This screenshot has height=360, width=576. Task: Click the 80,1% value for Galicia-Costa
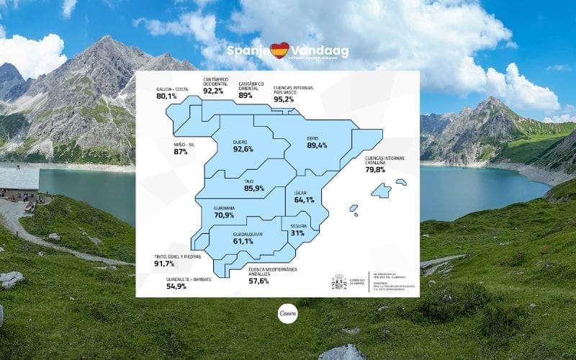[x=166, y=96]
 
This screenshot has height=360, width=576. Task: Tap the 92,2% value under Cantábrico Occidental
[x=213, y=91]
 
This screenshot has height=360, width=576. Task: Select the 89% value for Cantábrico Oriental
[x=246, y=94]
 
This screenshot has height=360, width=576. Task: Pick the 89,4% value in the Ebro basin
[x=317, y=145]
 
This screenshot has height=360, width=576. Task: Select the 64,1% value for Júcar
[x=305, y=199]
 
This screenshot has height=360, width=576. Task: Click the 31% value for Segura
[x=297, y=233]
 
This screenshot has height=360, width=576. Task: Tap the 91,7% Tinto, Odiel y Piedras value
[x=165, y=264]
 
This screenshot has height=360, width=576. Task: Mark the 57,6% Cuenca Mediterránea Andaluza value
[x=258, y=281]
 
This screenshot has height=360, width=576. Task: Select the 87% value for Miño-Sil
[x=181, y=152]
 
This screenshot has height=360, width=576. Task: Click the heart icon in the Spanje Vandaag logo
[x=279, y=50]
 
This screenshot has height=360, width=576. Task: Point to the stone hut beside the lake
[x=19, y=184]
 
